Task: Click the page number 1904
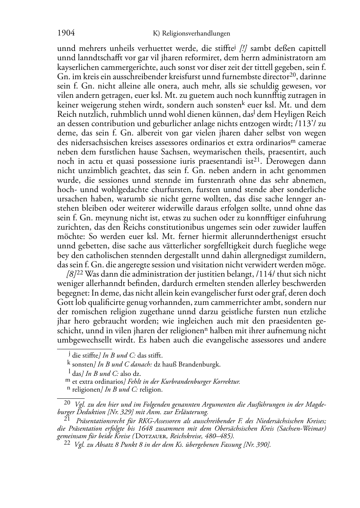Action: [x=66, y=33]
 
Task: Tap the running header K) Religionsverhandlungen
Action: [x=191, y=34]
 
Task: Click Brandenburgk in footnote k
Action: [x=203, y=365]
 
